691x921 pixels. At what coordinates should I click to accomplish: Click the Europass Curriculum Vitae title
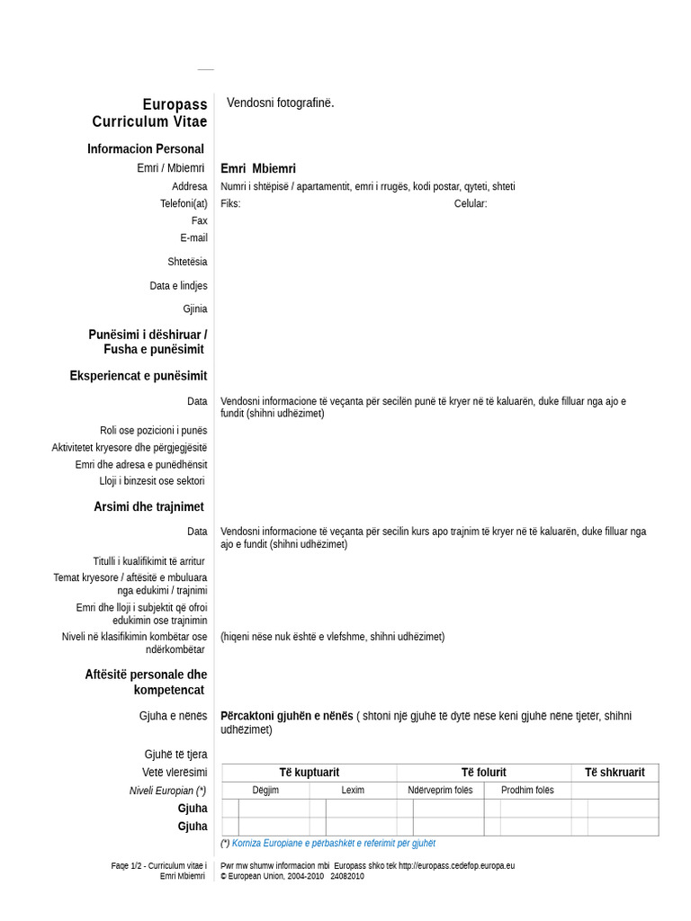point(149,112)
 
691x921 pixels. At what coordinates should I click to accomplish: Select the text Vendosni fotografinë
point(280,103)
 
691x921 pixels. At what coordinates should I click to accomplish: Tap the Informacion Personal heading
point(146,148)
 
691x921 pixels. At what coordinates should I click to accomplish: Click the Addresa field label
point(189,186)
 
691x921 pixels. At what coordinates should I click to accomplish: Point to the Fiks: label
point(230,203)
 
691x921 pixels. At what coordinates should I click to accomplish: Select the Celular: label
point(471,203)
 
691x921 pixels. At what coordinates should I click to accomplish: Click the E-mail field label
point(193,237)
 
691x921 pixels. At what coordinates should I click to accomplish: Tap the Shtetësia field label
point(187,262)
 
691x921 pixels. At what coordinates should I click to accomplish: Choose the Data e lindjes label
point(178,285)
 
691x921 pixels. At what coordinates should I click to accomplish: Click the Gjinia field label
point(194,308)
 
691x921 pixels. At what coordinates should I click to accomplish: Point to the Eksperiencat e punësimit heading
point(139,375)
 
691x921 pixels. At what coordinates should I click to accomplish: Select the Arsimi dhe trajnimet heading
point(148,506)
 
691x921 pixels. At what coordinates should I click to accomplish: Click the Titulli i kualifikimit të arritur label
point(149,560)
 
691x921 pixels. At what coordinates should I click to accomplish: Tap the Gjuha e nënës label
point(173,716)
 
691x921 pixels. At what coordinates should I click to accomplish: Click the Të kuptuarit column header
point(309,772)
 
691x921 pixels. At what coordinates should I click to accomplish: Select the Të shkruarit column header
point(615,772)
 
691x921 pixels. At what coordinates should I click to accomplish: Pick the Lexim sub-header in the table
point(353,790)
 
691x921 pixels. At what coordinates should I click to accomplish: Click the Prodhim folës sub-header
point(527,790)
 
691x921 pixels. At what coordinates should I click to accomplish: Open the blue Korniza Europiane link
point(333,843)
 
